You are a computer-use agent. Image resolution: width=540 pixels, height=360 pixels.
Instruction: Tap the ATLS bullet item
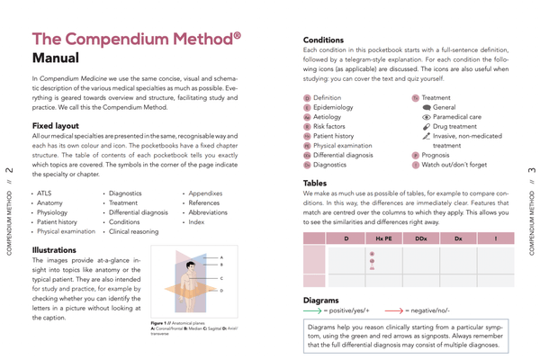point(46,193)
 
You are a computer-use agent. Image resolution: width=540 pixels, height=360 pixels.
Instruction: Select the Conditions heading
point(323,40)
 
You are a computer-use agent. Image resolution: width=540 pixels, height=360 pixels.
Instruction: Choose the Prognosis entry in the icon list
point(440,154)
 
